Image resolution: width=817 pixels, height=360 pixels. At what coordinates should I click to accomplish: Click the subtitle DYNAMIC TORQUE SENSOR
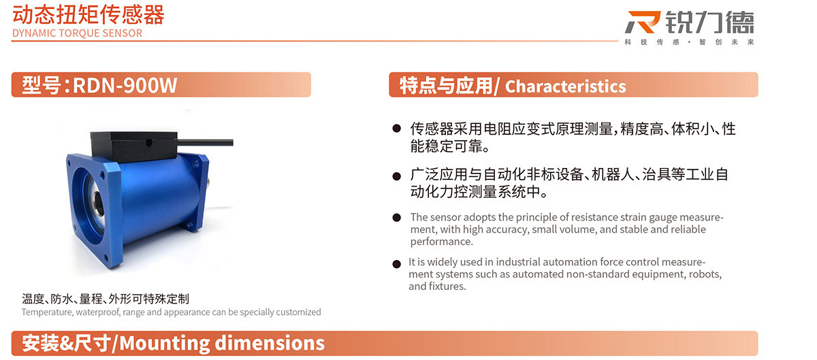pos(78,33)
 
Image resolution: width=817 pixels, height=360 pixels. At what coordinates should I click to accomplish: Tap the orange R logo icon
pos(643,22)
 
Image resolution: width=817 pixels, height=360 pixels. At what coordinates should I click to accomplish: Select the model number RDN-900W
pos(125,85)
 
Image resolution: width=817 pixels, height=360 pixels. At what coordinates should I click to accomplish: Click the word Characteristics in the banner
pos(565,86)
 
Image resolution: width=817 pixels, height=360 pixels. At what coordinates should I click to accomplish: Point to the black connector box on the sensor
pos(134,146)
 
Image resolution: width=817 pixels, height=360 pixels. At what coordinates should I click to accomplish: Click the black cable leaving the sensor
pos(206,142)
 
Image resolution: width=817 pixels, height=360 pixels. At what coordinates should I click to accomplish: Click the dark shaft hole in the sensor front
pos(98,200)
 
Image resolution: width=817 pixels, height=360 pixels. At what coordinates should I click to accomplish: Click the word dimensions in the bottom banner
pos(270,343)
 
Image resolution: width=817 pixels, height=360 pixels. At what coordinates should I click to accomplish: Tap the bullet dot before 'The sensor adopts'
pos(396,218)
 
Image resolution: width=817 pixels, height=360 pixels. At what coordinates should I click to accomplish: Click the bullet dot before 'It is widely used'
pos(396,264)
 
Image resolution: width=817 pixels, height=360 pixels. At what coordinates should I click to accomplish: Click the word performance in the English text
pos(440,242)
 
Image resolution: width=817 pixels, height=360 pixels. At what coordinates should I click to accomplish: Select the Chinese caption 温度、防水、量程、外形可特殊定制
pos(106,299)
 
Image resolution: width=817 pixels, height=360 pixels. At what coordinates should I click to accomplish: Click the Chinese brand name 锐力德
pos(709,22)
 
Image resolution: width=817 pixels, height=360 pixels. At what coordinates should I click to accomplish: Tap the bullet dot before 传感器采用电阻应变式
pos(396,129)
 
